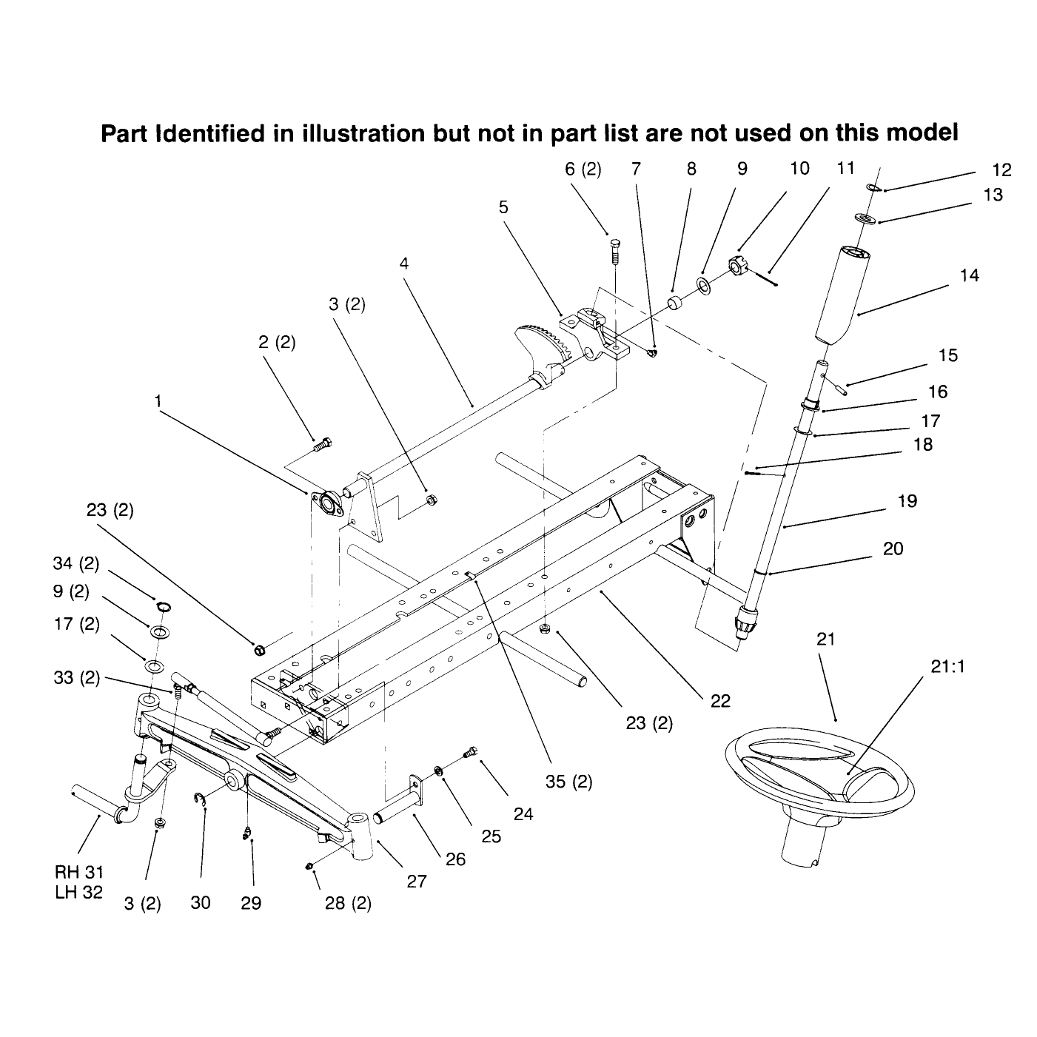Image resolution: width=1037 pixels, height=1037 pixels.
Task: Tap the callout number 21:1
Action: tap(947, 666)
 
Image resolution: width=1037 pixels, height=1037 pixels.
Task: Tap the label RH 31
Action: tap(78, 871)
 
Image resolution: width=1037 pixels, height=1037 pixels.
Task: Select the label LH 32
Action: tap(78, 892)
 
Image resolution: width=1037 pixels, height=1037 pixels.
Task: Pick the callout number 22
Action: tap(720, 701)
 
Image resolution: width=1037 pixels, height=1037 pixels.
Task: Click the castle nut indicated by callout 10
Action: tap(738, 265)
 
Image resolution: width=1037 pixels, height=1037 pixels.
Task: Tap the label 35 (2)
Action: tap(568, 782)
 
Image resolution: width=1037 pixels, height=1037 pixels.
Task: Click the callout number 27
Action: tap(417, 881)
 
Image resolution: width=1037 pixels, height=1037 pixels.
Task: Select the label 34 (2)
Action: tap(76, 563)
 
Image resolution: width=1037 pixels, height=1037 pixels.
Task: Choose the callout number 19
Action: tap(907, 501)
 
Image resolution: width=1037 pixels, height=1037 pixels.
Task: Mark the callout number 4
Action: tap(404, 264)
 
